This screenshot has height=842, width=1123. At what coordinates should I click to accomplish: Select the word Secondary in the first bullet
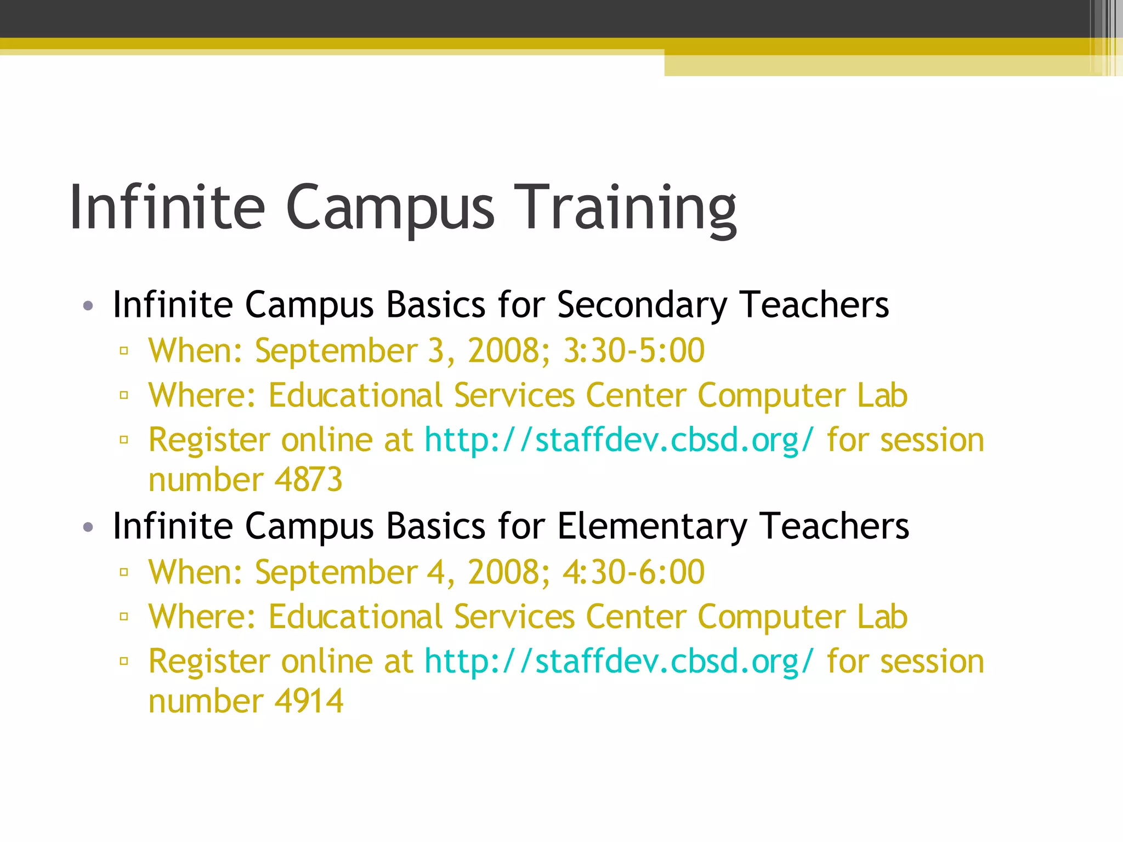(x=642, y=305)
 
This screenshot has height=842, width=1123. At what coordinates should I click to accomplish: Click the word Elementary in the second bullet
(x=651, y=526)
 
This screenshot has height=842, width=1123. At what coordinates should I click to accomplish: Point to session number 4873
(x=308, y=480)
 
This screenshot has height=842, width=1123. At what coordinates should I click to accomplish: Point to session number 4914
(x=309, y=701)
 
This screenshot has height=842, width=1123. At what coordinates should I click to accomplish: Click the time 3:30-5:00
(x=634, y=351)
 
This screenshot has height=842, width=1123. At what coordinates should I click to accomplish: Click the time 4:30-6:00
(x=633, y=572)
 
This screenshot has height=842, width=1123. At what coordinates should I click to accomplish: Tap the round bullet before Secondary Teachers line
(x=88, y=306)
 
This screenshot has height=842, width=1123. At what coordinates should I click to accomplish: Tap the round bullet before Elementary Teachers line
(x=88, y=527)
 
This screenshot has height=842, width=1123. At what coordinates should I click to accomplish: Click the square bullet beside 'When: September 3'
(x=124, y=351)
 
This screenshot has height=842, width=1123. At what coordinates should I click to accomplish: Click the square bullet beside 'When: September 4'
(x=124, y=572)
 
